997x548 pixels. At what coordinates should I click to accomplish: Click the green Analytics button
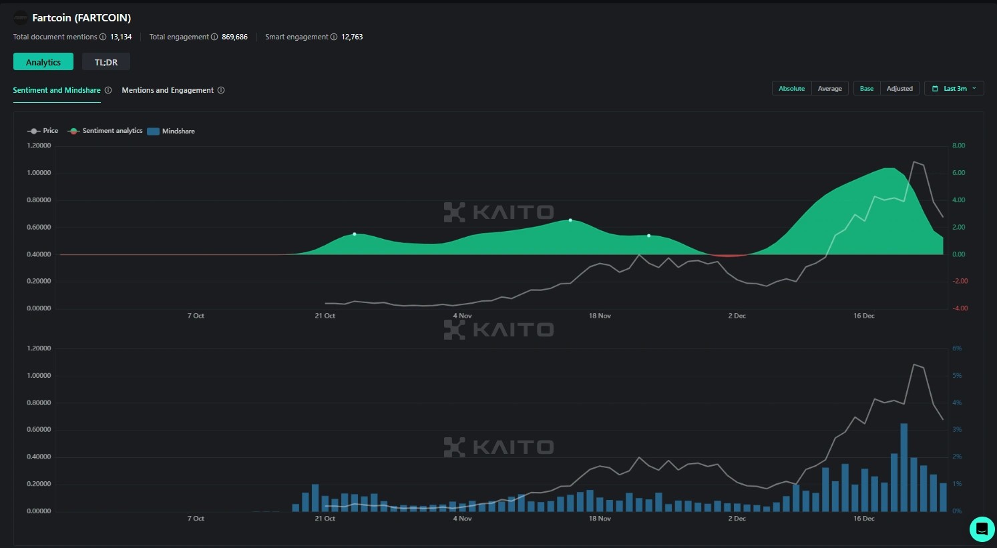coord(43,62)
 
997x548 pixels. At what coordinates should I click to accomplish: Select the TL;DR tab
coord(106,62)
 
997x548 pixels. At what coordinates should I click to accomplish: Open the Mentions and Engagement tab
coord(168,90)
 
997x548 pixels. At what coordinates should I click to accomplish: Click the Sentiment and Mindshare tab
coord(57,90)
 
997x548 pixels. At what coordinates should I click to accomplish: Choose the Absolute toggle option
coord(791,88)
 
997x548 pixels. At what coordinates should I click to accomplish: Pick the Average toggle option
coord(829,88)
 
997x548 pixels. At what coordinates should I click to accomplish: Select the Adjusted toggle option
coord(899,88)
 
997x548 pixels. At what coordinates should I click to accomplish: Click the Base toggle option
coord(866,88)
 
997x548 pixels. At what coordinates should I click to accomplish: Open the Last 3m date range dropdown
coord(954,88)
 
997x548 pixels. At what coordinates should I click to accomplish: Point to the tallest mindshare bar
coord(904,467)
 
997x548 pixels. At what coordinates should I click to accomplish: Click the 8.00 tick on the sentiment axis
coord(958,146)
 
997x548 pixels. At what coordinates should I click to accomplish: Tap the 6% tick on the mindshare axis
coord(957,348)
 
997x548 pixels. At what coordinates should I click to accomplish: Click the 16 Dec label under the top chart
coord(863,316)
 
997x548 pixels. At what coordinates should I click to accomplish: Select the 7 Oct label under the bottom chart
coord(196,519)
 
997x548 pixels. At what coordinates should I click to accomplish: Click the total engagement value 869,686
coord(234,37)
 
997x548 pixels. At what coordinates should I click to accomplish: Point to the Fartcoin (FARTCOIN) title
coord(81,18)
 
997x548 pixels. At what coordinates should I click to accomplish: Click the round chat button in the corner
coord(982,529)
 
